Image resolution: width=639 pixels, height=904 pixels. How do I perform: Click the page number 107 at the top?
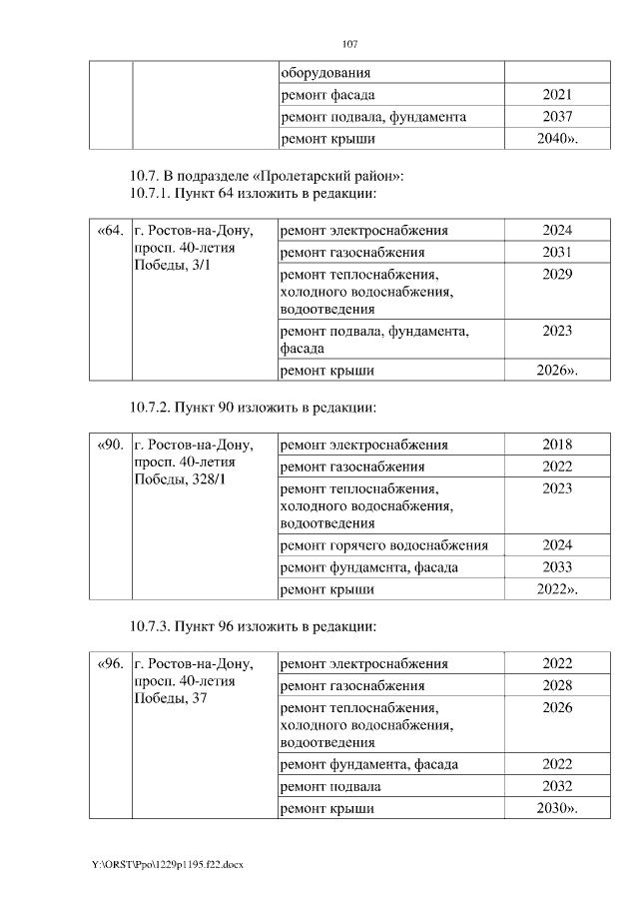(349, 45)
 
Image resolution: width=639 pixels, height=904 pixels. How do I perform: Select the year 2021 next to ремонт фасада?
(557, 95)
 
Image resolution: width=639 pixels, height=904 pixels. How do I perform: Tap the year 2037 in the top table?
(557, 117)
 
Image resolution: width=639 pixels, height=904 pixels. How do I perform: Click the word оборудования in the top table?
(325, 73)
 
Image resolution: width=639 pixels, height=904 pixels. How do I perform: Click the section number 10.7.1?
(152, 192)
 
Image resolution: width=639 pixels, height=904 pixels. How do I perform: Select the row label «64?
(110, 231)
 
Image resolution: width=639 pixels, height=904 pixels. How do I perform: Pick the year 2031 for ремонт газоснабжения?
(557, 252)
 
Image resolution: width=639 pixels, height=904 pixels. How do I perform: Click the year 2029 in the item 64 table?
(557, 274)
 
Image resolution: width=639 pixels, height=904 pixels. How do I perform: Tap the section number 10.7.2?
(152, 408)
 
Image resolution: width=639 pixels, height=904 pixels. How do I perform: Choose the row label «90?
(110, 446)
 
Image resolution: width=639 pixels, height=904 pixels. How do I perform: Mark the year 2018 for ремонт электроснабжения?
(557, 446)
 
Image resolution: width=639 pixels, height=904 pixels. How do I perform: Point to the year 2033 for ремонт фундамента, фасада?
(557, 567)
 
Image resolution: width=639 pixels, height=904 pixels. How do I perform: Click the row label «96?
(110, 664)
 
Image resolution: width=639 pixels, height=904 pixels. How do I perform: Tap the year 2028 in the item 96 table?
(557, 685)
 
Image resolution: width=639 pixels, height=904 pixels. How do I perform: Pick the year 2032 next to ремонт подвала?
(557, 786)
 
